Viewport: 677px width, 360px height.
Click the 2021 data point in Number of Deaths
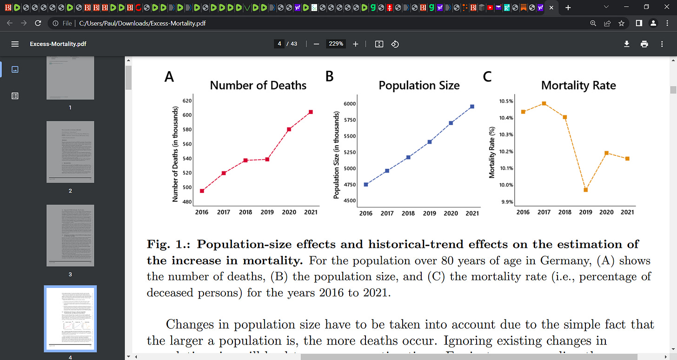pos(311,112)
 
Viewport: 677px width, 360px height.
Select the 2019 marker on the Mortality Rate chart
pos(586,190)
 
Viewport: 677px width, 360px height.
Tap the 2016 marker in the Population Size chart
pos(366,185)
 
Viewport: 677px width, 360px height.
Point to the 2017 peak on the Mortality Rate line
pos(544,103)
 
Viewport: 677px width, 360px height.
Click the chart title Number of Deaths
pos(258,86)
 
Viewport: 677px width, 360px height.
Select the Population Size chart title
pos(419,86)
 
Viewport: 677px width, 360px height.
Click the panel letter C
pos(487,77)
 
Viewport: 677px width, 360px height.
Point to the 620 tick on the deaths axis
pos(187,100)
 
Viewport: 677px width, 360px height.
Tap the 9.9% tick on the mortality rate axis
pos(506,202)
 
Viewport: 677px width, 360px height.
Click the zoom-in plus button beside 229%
pos(356,44)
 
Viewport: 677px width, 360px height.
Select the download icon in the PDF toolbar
pos(626,44)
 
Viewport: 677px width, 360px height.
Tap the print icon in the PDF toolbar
pos(644,44)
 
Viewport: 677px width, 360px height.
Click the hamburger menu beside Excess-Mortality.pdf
pos(15,44)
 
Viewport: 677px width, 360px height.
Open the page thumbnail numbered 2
pos(70,152)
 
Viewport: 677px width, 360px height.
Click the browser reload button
pos(39,23)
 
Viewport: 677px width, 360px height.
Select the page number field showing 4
pos(279,44)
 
